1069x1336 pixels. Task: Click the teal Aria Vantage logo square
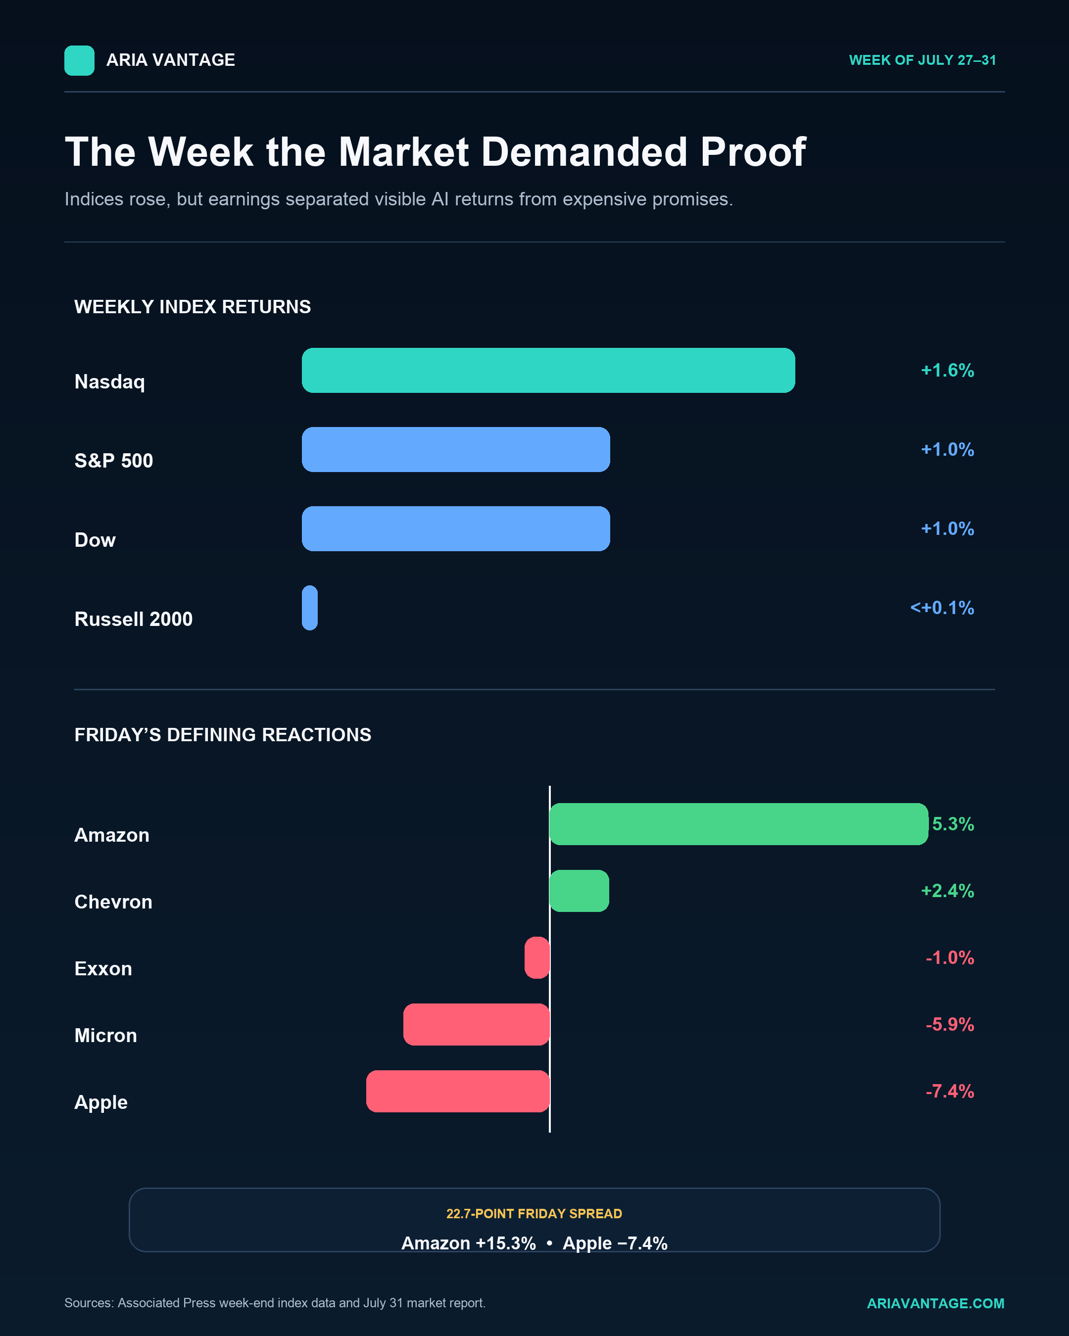point(79,61)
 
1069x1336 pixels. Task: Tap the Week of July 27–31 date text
point(922,60)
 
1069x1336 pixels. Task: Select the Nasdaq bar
point(548,371)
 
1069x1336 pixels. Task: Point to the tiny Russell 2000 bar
point(310,608)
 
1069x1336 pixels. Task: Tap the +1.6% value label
point(948,371)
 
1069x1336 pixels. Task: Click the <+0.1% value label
point(942,608)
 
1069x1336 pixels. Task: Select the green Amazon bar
point(739,824)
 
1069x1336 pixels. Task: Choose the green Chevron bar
point(580,891)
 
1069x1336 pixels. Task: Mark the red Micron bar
point(477,1024)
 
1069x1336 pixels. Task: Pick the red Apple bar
point(458,1091)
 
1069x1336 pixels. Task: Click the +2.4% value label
point(948,891)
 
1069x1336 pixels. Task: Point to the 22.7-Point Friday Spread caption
point(534,1214)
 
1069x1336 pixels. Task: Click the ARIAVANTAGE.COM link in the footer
point(936,1303)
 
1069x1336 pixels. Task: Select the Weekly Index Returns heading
point(193,307)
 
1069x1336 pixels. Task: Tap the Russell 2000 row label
point(134,619)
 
